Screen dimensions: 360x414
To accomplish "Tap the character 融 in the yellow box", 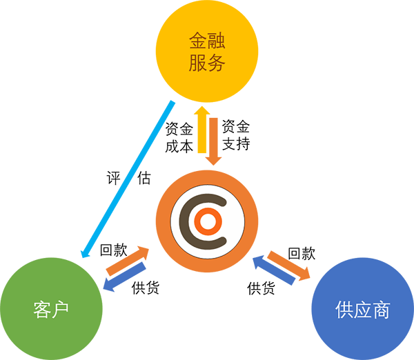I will [x=217, y=41].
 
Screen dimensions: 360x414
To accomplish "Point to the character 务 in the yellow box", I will [x=217, y=64].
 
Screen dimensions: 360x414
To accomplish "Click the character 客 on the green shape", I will [x=42, y=310].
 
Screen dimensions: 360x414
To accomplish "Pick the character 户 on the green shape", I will [x=63, y=310].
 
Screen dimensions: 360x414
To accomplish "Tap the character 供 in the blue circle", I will [x=346, y=310].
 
